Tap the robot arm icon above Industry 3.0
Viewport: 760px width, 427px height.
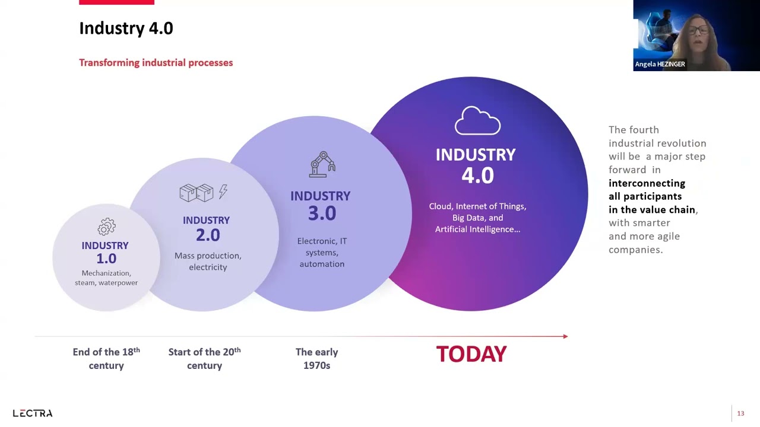[322, 164]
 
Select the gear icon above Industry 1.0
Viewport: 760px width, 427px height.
[106, 227]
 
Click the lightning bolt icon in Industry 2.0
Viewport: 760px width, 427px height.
[223, 192]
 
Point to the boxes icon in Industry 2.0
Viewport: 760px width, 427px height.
[196, 192]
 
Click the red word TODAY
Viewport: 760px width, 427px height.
[471, 354]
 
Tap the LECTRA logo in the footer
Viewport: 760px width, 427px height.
[33, 413]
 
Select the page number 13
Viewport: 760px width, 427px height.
[740, 413]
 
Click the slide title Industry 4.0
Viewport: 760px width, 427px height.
[126, 28]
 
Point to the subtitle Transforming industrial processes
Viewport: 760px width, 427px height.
[156, 63]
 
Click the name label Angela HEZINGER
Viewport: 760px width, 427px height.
[660, 64]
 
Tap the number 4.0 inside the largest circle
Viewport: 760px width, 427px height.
[477, 176]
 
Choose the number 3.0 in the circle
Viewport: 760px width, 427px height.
[322, 213]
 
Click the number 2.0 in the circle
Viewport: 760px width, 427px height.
[208, 235]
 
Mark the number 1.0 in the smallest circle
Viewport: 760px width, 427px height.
[106, 259]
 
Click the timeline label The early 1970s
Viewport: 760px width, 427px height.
[316, 359]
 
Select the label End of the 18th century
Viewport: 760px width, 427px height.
[106, 359]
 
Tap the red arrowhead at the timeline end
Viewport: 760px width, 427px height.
[565, 336]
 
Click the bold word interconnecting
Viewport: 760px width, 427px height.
[647, 183]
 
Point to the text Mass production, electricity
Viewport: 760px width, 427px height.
[208, 262]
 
